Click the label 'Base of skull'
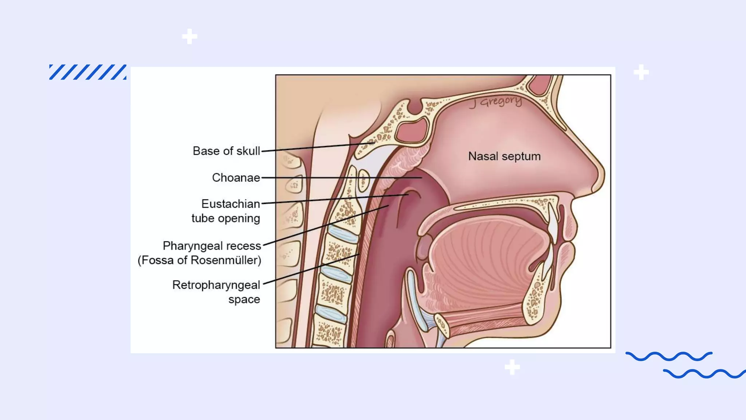point(226,151)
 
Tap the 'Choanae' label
point(236,178)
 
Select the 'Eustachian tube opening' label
point(226,211)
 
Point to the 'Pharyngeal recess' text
point(212,246)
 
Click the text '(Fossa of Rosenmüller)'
point(199,260)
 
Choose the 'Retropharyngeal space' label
point(216,292)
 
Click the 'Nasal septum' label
point(504,156)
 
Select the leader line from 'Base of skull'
point(317,147)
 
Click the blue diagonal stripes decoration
point(88,72)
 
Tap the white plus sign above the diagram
point(189,36)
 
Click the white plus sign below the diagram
point(512,367)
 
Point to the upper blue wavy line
point(669,356)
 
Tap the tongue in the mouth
point(488,262)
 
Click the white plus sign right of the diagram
point(641,72)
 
